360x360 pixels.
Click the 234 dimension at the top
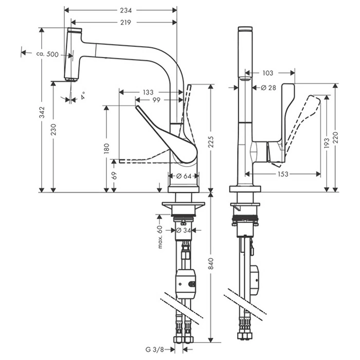[x=125, y=10]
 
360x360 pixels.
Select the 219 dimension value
[x=125, y=22]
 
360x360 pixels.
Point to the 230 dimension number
[x=53, y=129]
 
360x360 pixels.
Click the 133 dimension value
[x=148, y=92]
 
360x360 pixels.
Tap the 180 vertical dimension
[x=106, y=149]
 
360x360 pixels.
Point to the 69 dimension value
[x=114, y=176]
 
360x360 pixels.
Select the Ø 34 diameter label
[x=184, y=230]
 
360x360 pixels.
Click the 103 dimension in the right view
[x=267, y=74]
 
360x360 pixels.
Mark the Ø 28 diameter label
[x=268, y=88]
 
